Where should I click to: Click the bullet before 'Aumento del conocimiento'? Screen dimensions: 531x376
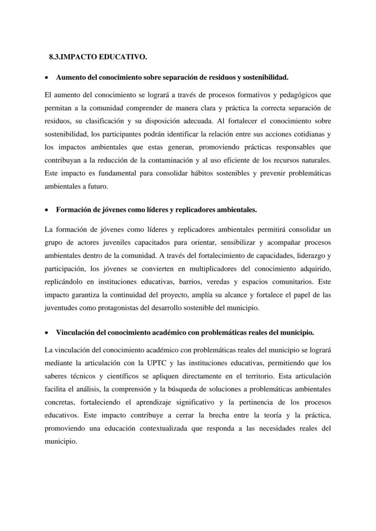tap(47, 78)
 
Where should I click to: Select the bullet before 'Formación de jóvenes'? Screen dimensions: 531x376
tap(47, 210)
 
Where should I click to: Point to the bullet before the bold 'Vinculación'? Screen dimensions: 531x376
tap(47, 332)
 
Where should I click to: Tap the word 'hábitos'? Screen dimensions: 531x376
tap(193, 174)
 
